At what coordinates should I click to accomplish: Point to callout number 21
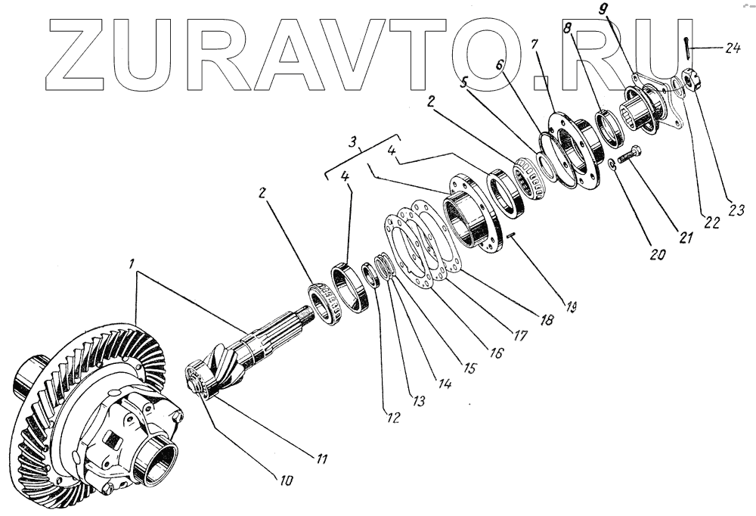(x=686, y=238)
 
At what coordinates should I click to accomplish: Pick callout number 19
(x=572, y=307)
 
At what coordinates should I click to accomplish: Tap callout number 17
(x=515, y=336)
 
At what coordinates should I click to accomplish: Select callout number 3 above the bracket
(x=352, y=142)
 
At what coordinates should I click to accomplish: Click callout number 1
(x=132, y=266)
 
